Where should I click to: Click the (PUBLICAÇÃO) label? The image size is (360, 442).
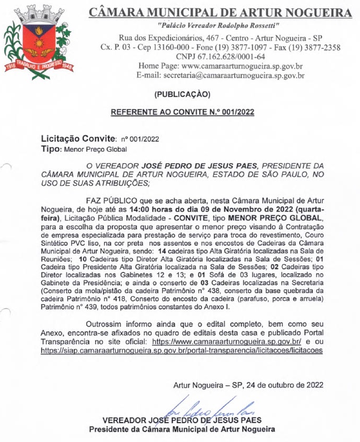pos(182,95)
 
